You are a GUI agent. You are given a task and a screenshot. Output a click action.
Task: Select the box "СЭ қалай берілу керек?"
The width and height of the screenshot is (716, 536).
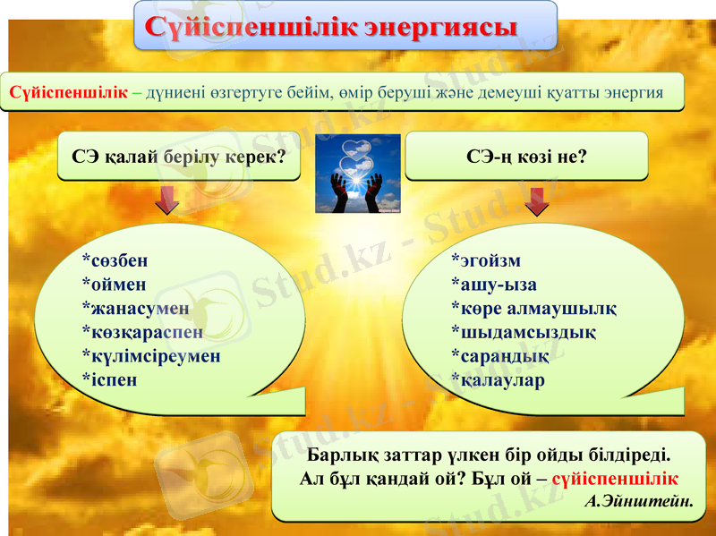pos(179,157)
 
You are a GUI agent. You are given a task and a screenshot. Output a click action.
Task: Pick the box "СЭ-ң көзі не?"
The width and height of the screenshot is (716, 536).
pos(526,157)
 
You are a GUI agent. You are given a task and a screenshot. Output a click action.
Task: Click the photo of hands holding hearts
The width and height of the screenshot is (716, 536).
pos(357,174)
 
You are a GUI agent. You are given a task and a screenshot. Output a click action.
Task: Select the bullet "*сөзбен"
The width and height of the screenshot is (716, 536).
pos(115,260)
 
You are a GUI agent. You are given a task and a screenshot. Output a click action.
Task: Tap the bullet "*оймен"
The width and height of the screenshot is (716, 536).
pos(114,285)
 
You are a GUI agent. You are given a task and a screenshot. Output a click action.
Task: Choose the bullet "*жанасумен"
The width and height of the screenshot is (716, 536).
pos(135,309)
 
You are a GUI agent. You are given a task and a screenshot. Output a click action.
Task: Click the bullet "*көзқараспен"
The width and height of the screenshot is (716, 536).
pos(142,332)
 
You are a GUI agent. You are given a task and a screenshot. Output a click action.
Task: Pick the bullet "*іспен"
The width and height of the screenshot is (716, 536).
pos(109,379)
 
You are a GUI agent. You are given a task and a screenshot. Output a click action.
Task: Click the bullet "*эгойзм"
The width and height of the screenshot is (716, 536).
pos(485,260)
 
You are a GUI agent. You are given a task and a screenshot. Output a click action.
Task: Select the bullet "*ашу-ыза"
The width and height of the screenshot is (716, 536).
pos(493,285)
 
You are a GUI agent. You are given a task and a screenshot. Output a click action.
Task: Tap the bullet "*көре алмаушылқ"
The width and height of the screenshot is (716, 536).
pos(533,309)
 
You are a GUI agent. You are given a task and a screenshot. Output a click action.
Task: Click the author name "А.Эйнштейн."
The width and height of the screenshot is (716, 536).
pos(638,499)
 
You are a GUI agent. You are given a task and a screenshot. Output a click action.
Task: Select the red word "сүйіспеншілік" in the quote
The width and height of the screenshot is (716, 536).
pos(615,477)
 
